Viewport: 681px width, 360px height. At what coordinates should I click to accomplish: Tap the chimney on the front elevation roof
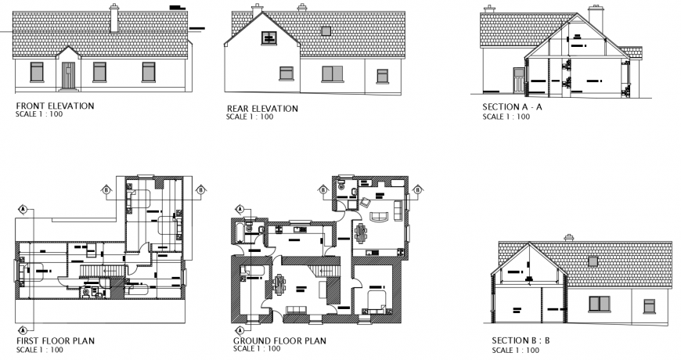pos(114,19)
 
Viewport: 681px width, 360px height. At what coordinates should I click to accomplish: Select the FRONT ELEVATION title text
pos(55,106)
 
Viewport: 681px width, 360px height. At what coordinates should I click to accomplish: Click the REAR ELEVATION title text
pos(262,108)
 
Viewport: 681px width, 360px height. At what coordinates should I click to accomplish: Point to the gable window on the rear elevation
pos(268,36)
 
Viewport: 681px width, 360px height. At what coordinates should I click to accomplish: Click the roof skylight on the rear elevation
pos(325,31)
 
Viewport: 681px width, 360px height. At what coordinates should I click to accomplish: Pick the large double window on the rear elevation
pos(333,74)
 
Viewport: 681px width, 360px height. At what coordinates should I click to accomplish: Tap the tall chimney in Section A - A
pos(596,20)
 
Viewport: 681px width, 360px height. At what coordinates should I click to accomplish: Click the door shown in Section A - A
pos(517,78)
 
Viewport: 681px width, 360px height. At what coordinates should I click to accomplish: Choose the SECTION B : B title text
pos(521,340)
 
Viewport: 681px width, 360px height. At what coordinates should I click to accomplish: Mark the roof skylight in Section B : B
pos(593,261)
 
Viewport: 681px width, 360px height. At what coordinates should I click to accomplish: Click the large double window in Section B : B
pos(600,304)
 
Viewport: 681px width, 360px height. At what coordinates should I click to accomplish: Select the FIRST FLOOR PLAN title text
pos(56,340)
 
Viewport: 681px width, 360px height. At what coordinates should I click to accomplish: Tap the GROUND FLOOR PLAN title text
pos(279,341)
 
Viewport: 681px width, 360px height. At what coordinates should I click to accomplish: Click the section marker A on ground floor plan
pos(240,210)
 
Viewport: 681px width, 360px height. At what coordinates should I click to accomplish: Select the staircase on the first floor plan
pos(100,268)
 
